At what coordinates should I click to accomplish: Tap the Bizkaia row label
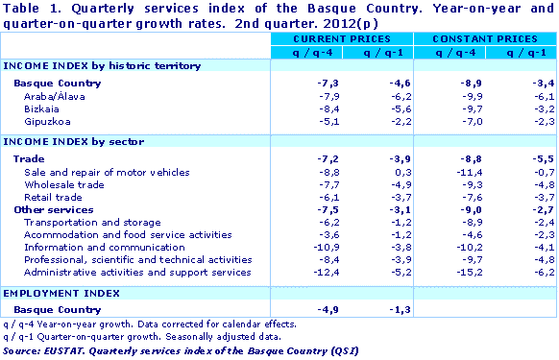(42, 108)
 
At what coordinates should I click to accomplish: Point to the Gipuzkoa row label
(46, 122)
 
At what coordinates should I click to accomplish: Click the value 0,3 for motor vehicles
(379, 171)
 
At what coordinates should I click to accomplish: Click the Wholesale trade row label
(63, 183)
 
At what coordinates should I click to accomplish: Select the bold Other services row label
(53, 209)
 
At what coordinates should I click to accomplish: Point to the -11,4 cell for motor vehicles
(447, 171)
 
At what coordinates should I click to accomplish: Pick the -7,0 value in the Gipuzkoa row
(450, 122)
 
